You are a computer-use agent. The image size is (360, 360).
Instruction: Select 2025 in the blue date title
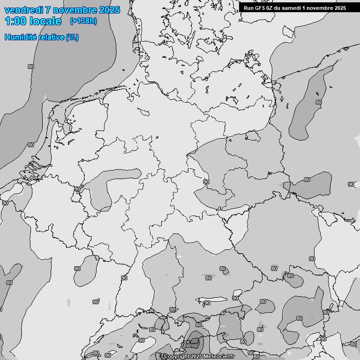[109, 10]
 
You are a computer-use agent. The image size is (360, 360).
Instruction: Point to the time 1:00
[14, 21]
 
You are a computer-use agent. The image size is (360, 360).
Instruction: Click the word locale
[45, 21]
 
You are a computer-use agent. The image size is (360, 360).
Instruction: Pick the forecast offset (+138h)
[83, 21]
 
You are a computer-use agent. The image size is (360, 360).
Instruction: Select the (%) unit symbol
[72, 37]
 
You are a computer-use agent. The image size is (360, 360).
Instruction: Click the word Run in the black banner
[249, 7]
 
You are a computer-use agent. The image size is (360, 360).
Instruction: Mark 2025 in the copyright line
[199, 357]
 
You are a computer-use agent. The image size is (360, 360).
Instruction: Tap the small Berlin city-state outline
[253, 136]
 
